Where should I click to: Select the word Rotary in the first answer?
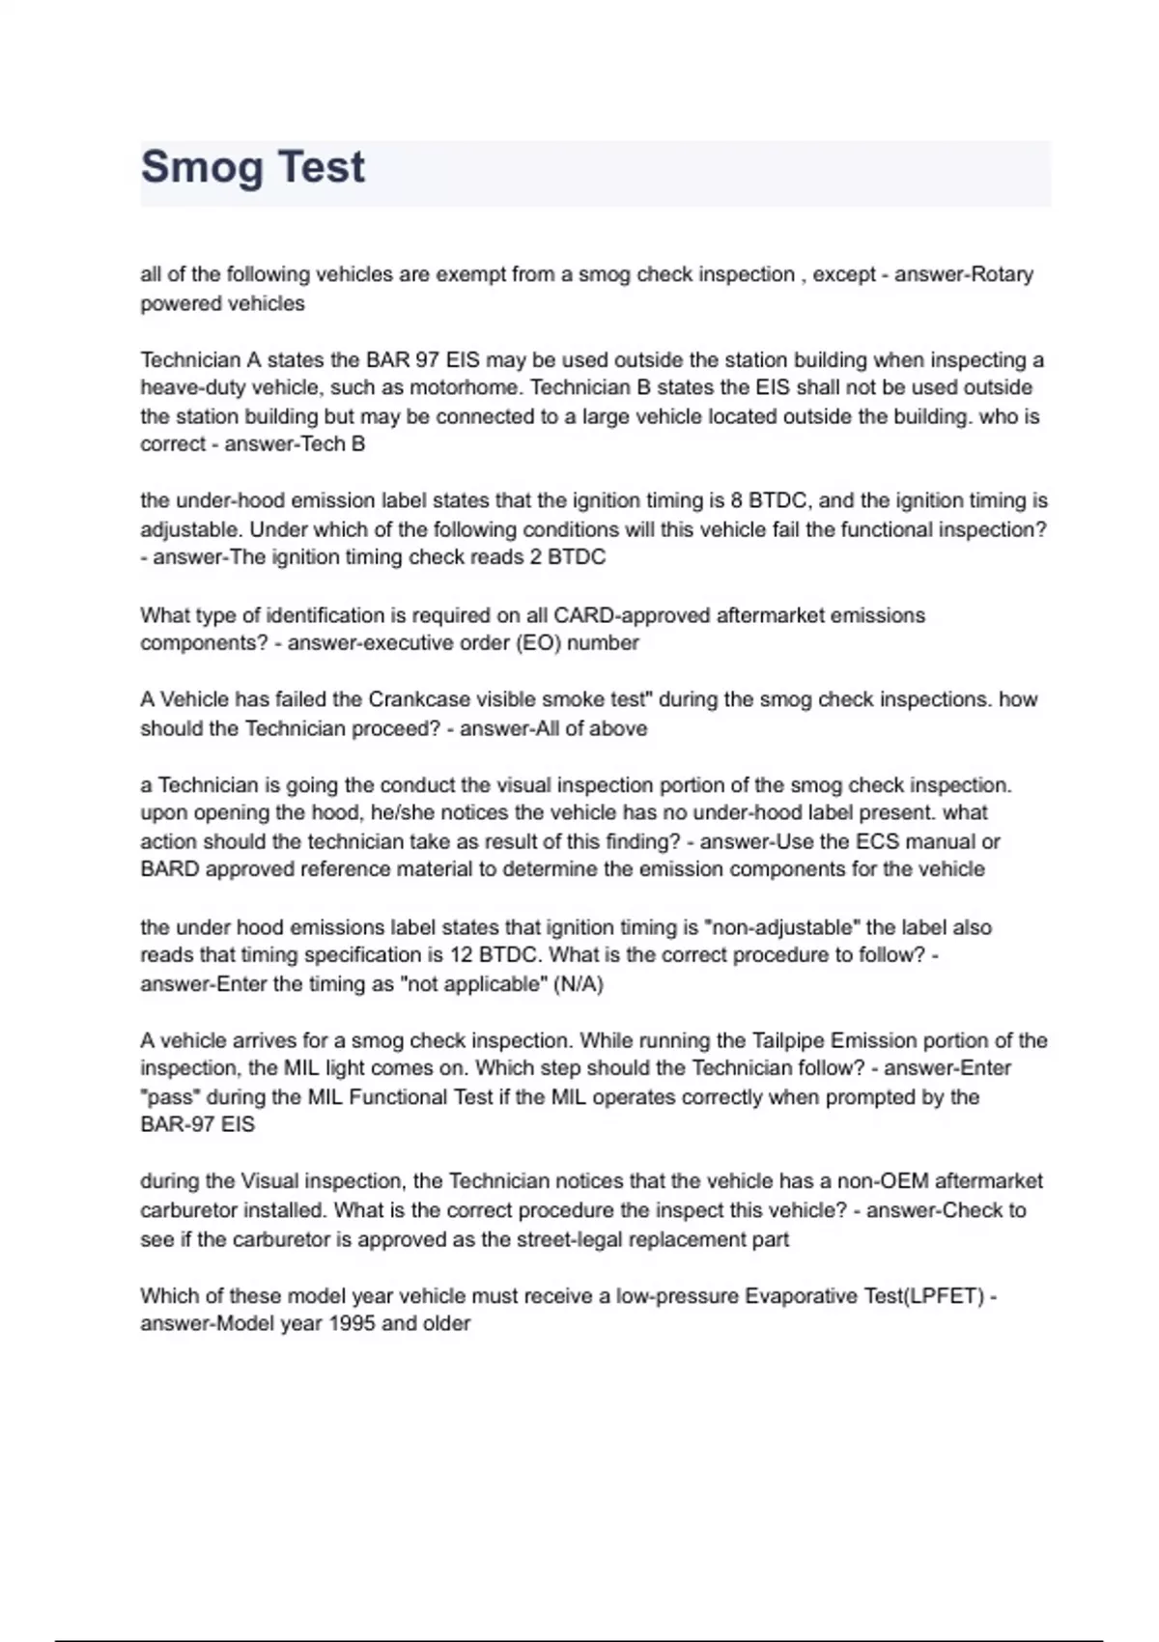tap(1002, 274)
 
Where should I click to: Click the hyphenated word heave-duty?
tap(190, 388)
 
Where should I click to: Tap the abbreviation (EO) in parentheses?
tap(538, 643)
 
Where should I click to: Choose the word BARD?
tap(169, 869)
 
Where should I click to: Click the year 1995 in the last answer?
tap(353, 1324)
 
